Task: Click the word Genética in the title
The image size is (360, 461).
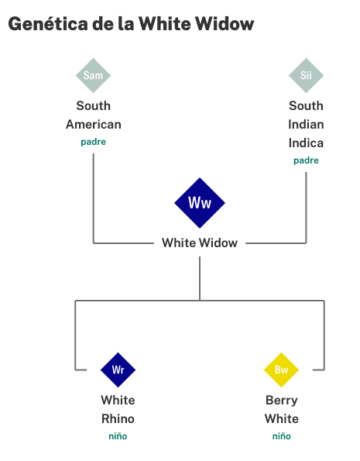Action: (48, 24)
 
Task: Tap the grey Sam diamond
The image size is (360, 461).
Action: (93, 76)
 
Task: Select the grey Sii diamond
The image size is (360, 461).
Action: (306, 76)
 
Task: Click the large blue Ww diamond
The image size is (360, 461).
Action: (200, 203)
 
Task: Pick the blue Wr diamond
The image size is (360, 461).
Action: (118, 370)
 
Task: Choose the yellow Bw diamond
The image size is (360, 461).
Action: (281, 370)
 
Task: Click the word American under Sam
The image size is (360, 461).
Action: (94, 125)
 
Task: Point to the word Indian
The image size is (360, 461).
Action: (306, 125)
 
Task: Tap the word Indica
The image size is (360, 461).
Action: (306, 143)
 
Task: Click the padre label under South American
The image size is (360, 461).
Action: (94, 142)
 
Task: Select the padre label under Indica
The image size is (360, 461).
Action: (306, 160)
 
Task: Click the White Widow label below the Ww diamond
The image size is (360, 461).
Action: (200, 243)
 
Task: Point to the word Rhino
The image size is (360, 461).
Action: (118, 418)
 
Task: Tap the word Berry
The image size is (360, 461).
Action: (282, 401)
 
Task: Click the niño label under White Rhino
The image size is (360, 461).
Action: (118, 436)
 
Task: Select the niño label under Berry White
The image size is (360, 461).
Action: (282, 436)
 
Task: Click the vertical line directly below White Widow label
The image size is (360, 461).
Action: (200, 278)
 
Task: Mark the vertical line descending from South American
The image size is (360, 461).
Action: (94, 198)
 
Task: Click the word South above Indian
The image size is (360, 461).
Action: (306, 106)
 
